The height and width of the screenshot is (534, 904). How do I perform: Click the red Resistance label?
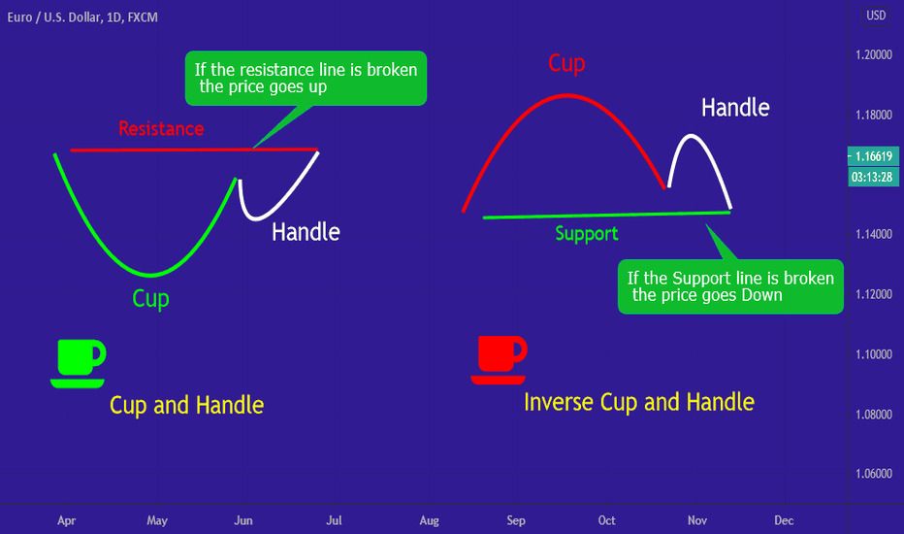[161, 128]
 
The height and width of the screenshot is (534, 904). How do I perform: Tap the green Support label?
[586, 234]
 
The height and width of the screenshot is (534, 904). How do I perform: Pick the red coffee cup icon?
[500, 359]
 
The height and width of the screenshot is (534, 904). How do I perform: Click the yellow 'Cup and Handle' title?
[187, 405]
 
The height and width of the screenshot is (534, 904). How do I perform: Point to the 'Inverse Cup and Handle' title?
[639, 402]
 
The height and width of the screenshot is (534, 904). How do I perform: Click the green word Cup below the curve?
[150, 298]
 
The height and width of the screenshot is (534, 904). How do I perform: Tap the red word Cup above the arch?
[566, 63]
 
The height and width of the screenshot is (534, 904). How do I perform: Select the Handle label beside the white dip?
[306, 232]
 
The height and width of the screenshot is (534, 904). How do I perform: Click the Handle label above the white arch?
[735, 108]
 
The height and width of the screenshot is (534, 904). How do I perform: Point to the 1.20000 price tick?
[873, 54]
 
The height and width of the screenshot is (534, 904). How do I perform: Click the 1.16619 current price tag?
[873, 156]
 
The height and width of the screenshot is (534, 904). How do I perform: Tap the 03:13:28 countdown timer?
[873, 177]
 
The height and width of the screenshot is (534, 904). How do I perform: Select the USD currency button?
[876, 16]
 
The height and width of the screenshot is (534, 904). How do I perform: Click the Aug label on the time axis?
[429, 520]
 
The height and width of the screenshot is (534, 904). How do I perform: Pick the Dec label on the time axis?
[784, 520]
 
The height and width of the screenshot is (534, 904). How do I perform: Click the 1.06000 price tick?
[873, 474]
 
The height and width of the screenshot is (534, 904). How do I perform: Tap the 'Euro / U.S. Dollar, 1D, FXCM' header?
[82, 17]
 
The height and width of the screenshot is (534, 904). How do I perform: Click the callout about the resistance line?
[306, 78]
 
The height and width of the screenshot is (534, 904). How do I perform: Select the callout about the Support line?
[730, 286]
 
